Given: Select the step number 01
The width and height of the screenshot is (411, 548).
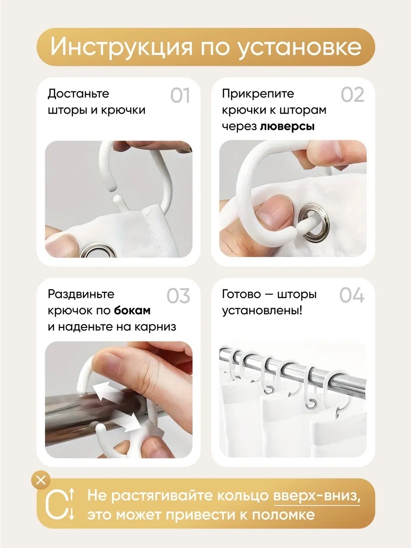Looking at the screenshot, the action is (x=180, y=95).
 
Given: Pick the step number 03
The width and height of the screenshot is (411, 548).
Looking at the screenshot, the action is (x=179, y=295).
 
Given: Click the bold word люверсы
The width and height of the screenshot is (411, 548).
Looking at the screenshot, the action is (x=287, y=126).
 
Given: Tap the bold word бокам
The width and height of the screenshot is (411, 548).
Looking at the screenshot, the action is (x=132, y=311).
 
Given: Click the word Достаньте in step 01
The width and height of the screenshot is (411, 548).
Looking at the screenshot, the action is (x=79, y=94).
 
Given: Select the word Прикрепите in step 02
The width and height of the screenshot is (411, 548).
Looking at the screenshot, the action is (x=258, y=94).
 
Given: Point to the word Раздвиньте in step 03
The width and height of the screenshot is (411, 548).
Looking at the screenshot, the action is (x=81, y=294).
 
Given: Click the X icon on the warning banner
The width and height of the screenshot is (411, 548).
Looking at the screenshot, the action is (x=41, y=480).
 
